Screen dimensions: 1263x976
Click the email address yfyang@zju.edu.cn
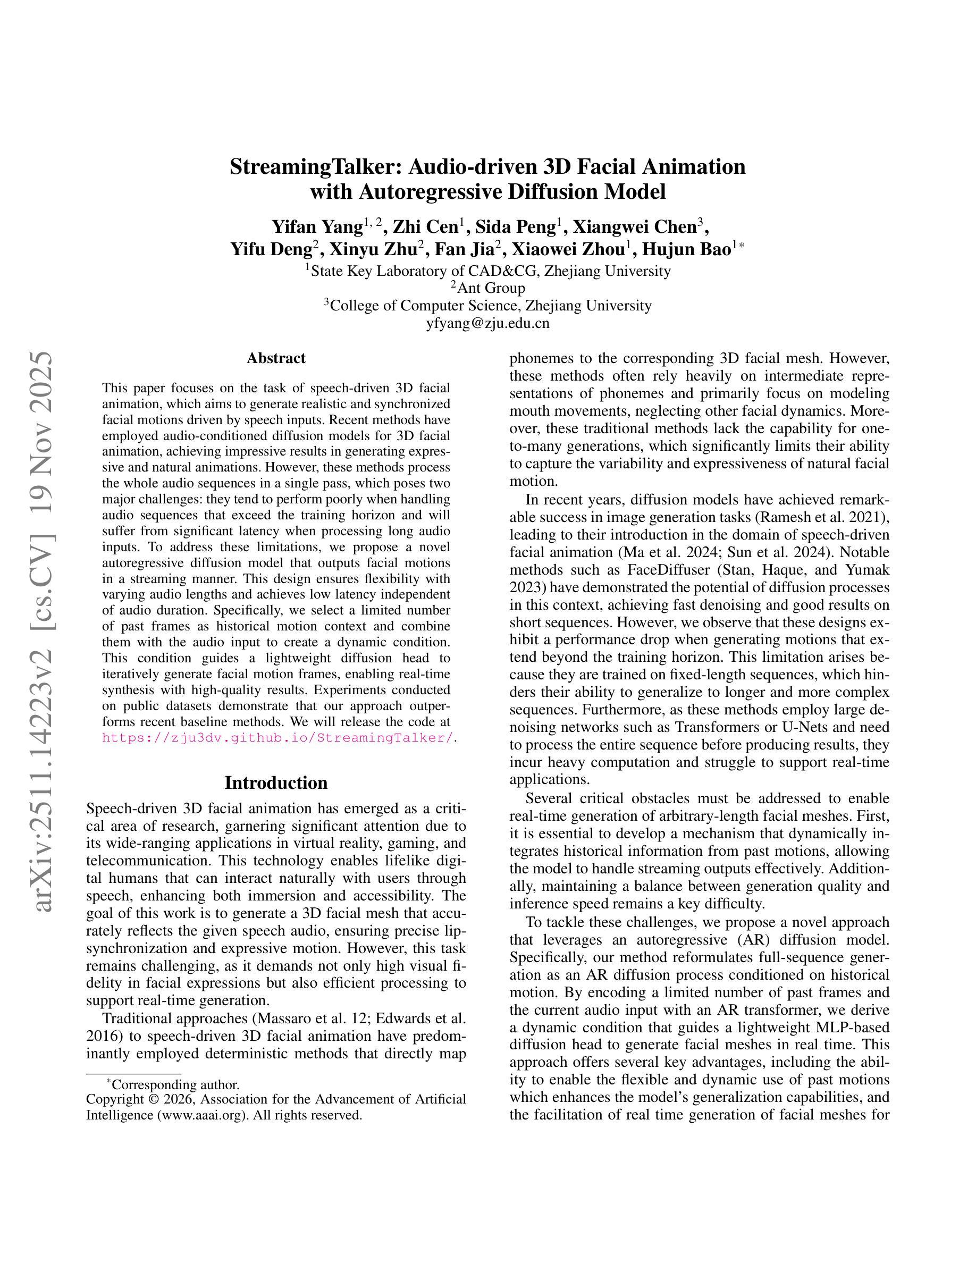487,323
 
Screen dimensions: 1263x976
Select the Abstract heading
276,359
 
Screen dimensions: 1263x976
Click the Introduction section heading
276,783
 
